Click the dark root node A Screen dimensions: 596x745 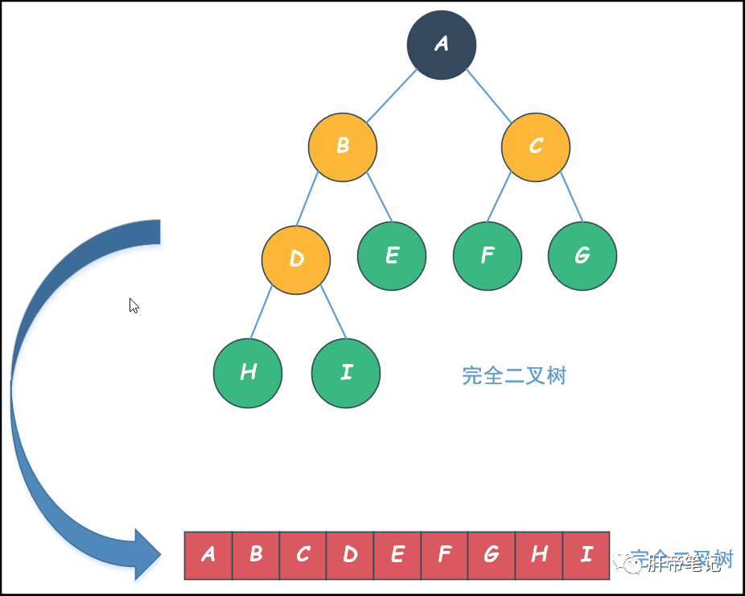click(442, 45)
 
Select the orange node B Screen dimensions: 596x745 click(343, 147)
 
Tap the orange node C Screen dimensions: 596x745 click(536, 147)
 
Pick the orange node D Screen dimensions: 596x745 click(296, 259)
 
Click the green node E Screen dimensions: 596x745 click(392, 256)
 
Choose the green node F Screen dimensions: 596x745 click(488, 256)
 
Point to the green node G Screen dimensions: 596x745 click(582, 256)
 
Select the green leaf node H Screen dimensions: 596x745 click(248, 373)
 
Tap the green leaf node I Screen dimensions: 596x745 click(346, 373)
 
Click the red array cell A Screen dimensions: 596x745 click(208, 555)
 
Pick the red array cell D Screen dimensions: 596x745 click(350, 555)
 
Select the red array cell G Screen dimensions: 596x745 click(492, 555)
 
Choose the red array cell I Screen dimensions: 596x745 click(587, 555)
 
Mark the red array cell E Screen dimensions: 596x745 click(397, 555)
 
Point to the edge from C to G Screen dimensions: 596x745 click(571, 198)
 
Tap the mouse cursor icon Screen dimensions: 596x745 click(134, 305)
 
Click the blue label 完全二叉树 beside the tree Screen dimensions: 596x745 click(514, 375)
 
